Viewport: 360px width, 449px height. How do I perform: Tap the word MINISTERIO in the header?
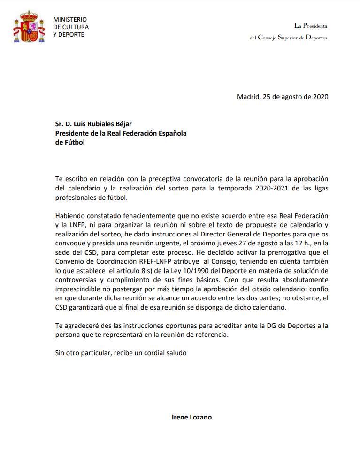70,19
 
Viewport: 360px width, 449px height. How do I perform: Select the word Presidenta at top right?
315,25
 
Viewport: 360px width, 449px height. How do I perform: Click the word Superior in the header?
291,38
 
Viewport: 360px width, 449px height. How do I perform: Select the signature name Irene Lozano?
191,417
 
